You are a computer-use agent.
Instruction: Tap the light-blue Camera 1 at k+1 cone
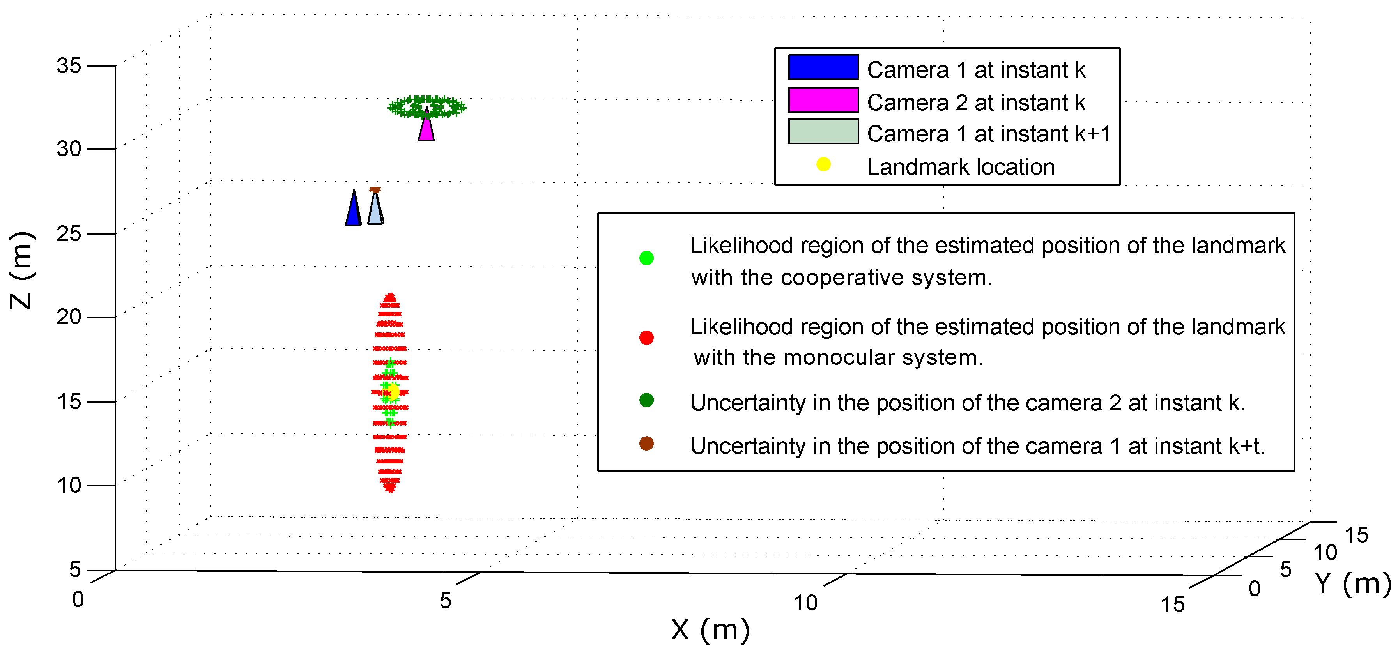click(375, 210)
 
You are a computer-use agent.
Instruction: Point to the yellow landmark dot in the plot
click(392, 391)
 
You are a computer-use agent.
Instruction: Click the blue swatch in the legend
click(823, 67)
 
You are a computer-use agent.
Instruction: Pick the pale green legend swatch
click(823, 132)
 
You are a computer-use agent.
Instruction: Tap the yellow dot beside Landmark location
click(823, 164)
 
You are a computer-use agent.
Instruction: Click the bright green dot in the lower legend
click(646, 258)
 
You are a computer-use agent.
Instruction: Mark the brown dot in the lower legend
click(646, 444)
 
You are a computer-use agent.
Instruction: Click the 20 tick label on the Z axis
click(69, 317)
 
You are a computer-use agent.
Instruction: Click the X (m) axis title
click(710, 630)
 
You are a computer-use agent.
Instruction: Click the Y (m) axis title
click(1353, 584)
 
